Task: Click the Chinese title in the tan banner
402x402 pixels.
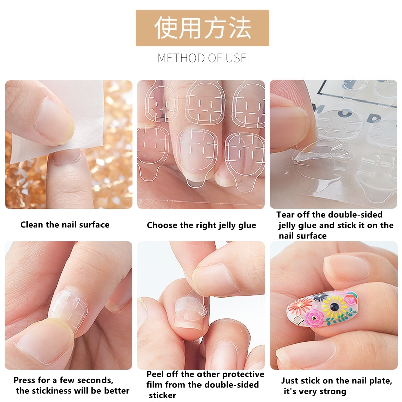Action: pyautogui.click(x=202, y=28)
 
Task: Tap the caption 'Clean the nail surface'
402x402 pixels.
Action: pyautogui.click(x=64, y=225)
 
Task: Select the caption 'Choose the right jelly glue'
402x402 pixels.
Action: pyautogui.click(x=202, y=225)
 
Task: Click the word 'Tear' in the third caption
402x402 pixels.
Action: pyautogui.click(x=286, y=215)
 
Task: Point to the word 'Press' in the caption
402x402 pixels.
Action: pyautogui.click(x=24, y=380)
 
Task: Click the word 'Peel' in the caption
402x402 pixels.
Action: pyautogui.click(x=155, y=374)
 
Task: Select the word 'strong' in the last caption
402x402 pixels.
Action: pyautogui.click(x=334, y=391)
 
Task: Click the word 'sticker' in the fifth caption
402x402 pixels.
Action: pyautogui.click(x=163, y=395)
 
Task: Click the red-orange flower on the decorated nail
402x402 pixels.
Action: pyautogui.click(x=300, y=305)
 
